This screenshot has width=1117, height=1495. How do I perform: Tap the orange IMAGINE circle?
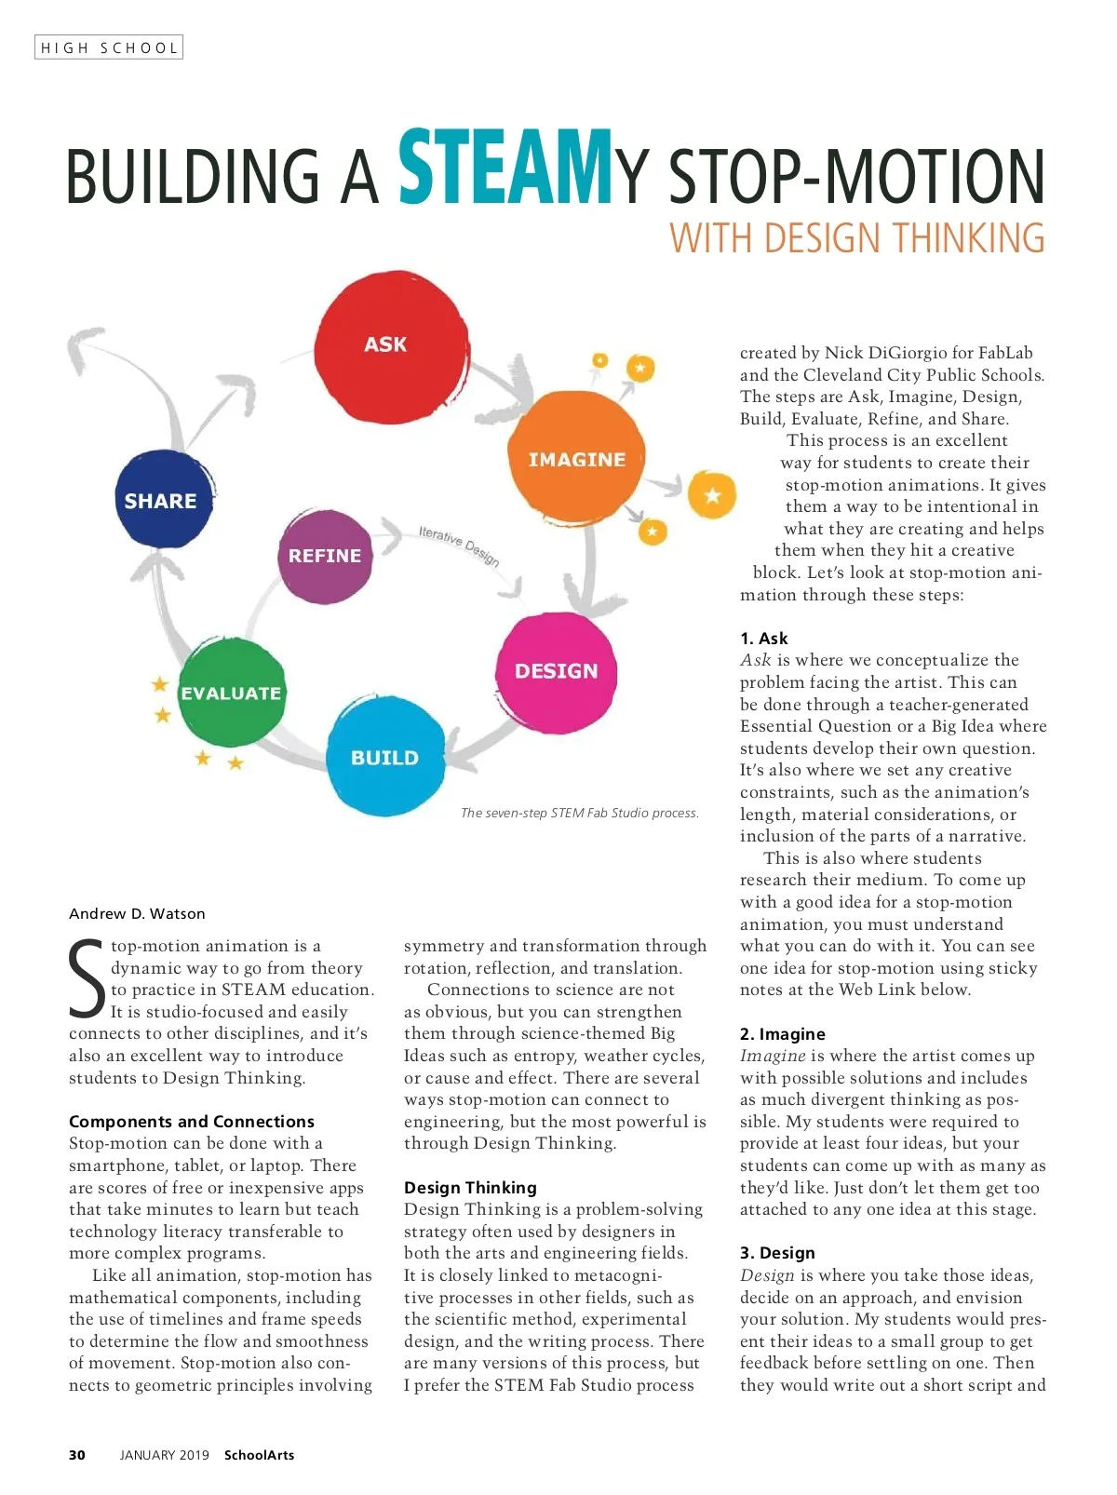[577, 460]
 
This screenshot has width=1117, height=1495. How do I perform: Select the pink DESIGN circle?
[557, 671]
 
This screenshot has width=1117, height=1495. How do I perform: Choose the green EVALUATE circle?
[231, 694]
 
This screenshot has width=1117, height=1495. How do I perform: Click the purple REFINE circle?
[325, 556]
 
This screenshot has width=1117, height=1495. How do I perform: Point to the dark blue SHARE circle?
[162, 501]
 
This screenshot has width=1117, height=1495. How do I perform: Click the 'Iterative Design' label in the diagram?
[459, 545]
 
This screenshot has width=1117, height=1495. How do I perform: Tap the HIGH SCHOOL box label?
[109, 47]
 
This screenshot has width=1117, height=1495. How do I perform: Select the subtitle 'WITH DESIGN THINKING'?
[856, 238]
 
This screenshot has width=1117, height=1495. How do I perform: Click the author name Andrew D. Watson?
[137, 913]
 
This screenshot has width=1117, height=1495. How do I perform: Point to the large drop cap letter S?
[87, 979]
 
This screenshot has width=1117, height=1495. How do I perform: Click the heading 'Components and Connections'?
[192, 1121]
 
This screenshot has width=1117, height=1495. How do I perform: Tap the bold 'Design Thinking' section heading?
[470, 1187]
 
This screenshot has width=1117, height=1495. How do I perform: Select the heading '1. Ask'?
[763, 638]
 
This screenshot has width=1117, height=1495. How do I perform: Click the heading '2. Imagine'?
[782, 1033]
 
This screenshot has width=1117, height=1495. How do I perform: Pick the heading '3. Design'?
[777, 1252]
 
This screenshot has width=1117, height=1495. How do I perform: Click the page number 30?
[77, 1454]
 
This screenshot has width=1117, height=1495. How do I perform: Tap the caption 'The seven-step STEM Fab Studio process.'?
[579, 813]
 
